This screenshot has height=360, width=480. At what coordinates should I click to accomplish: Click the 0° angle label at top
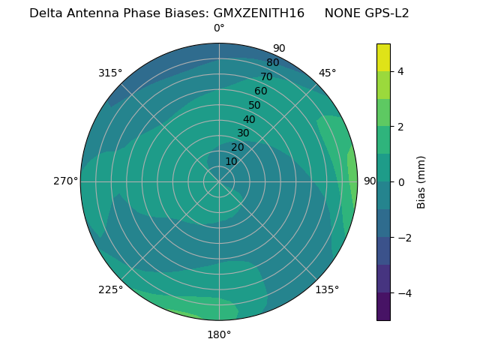click(x=219, y=28)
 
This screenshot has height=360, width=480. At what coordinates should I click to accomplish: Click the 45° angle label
click(x=327, y=73)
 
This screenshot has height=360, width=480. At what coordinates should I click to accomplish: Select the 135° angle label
click(x=327, y=289)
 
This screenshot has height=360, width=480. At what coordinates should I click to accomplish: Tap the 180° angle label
click(x=219, y=334)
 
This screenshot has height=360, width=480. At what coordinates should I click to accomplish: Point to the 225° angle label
click(x=110, y=289)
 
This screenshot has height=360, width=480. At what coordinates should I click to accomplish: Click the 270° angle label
click(x=66, y=181)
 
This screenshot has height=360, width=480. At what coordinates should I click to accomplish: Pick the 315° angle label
click(x=110, y=73)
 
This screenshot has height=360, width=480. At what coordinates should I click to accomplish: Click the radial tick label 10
click(x=231, y=161)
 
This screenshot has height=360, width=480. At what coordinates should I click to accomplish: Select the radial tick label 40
click(x=249, y=119)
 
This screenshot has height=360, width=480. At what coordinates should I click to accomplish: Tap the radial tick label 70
click(x=266, y=76)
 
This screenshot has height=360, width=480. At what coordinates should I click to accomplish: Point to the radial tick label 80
click(x=272, y=62)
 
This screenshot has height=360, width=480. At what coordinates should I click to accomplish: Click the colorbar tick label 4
click(x=400, y=71)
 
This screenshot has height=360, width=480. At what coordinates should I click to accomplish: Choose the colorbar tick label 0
click(x=400, y=182)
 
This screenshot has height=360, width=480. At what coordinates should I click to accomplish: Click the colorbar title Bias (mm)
click(x=421, y=182)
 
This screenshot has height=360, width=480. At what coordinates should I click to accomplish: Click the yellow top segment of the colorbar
click(x=383, y=57)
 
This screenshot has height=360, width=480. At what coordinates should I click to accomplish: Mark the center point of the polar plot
click(x=219, y=181)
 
